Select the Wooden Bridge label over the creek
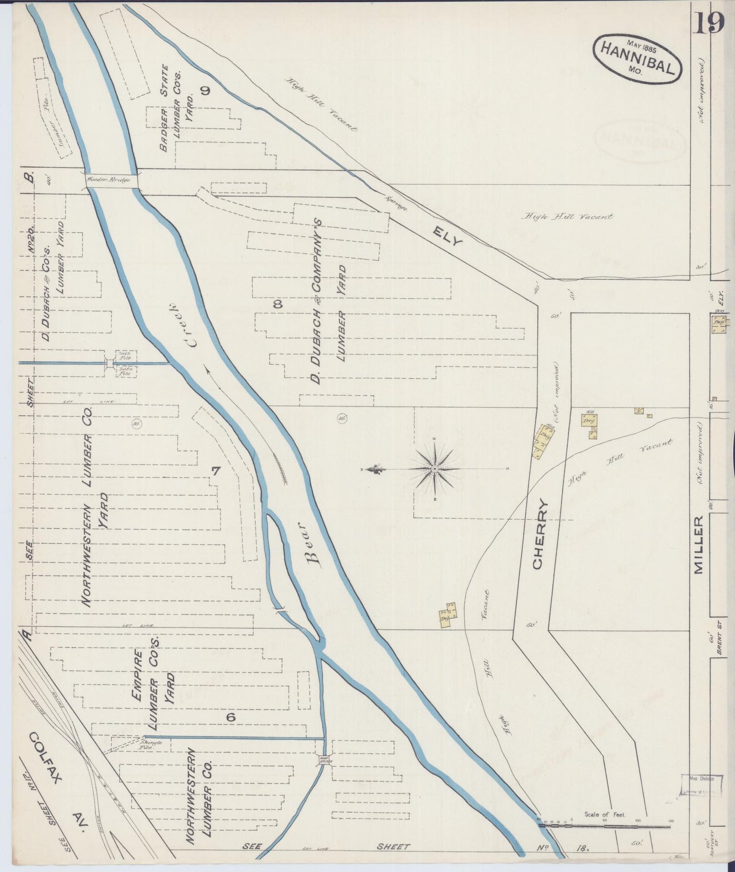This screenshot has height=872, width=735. click(108, 180)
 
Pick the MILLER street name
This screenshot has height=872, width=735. click(698, 544)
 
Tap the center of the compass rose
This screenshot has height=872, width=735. click(435, 468)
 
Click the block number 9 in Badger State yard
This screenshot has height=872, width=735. click(205, 91)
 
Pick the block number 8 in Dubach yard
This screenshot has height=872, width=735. click(278, 304)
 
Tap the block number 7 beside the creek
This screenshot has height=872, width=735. click(216, 471)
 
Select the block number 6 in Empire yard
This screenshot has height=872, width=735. click(231, 717)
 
